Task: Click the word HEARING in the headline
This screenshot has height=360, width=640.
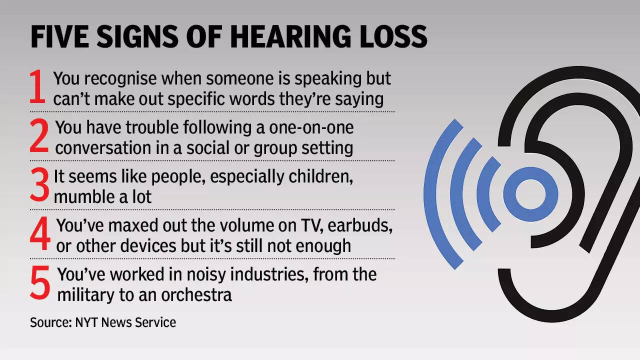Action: click(x=290, y=36)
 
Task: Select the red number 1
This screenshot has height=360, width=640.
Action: click(x=37, y=86)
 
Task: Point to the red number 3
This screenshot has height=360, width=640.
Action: click(x=39, y=185)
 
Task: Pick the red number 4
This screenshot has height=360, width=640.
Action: click(x=40, y=233)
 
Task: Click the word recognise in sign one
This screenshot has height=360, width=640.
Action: click(x=120, y=79)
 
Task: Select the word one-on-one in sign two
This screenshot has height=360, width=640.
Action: click(x=311, y=127)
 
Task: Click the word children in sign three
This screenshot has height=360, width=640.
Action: click(x=320, y=176)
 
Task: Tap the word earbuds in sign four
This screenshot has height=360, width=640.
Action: click(x=360, y=225)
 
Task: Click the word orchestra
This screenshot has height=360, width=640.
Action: click(x=196, y=295)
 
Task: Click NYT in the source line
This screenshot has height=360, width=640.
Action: click(x=86, y=322)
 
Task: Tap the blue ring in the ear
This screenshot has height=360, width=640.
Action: click(x=530, y=194)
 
